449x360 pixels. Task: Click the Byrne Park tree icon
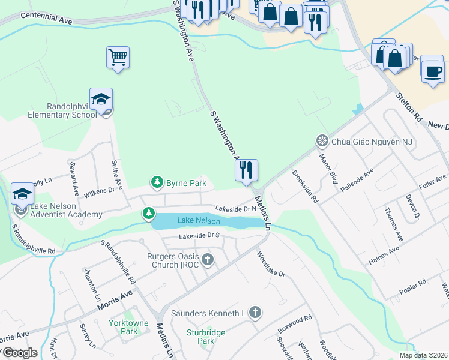(x=157, y=181)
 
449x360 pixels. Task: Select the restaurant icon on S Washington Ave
(x=246, y=170)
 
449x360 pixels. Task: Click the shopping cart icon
(x=118, y=58)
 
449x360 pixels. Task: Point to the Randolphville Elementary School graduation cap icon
(x=101, y=99)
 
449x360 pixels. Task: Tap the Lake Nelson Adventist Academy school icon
(x=22, y=194)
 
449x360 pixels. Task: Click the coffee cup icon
(x=432, y=71)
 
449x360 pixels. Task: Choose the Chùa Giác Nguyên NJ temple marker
(x=322, y=141)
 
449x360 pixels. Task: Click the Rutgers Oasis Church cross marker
(x=208, y=260)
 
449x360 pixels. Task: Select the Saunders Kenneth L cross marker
(x=255, y=312)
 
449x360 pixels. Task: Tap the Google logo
(x=19, y=353)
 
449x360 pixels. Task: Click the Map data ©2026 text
(x=424, y=355)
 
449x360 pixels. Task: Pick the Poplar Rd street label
(x=413, y=289)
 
